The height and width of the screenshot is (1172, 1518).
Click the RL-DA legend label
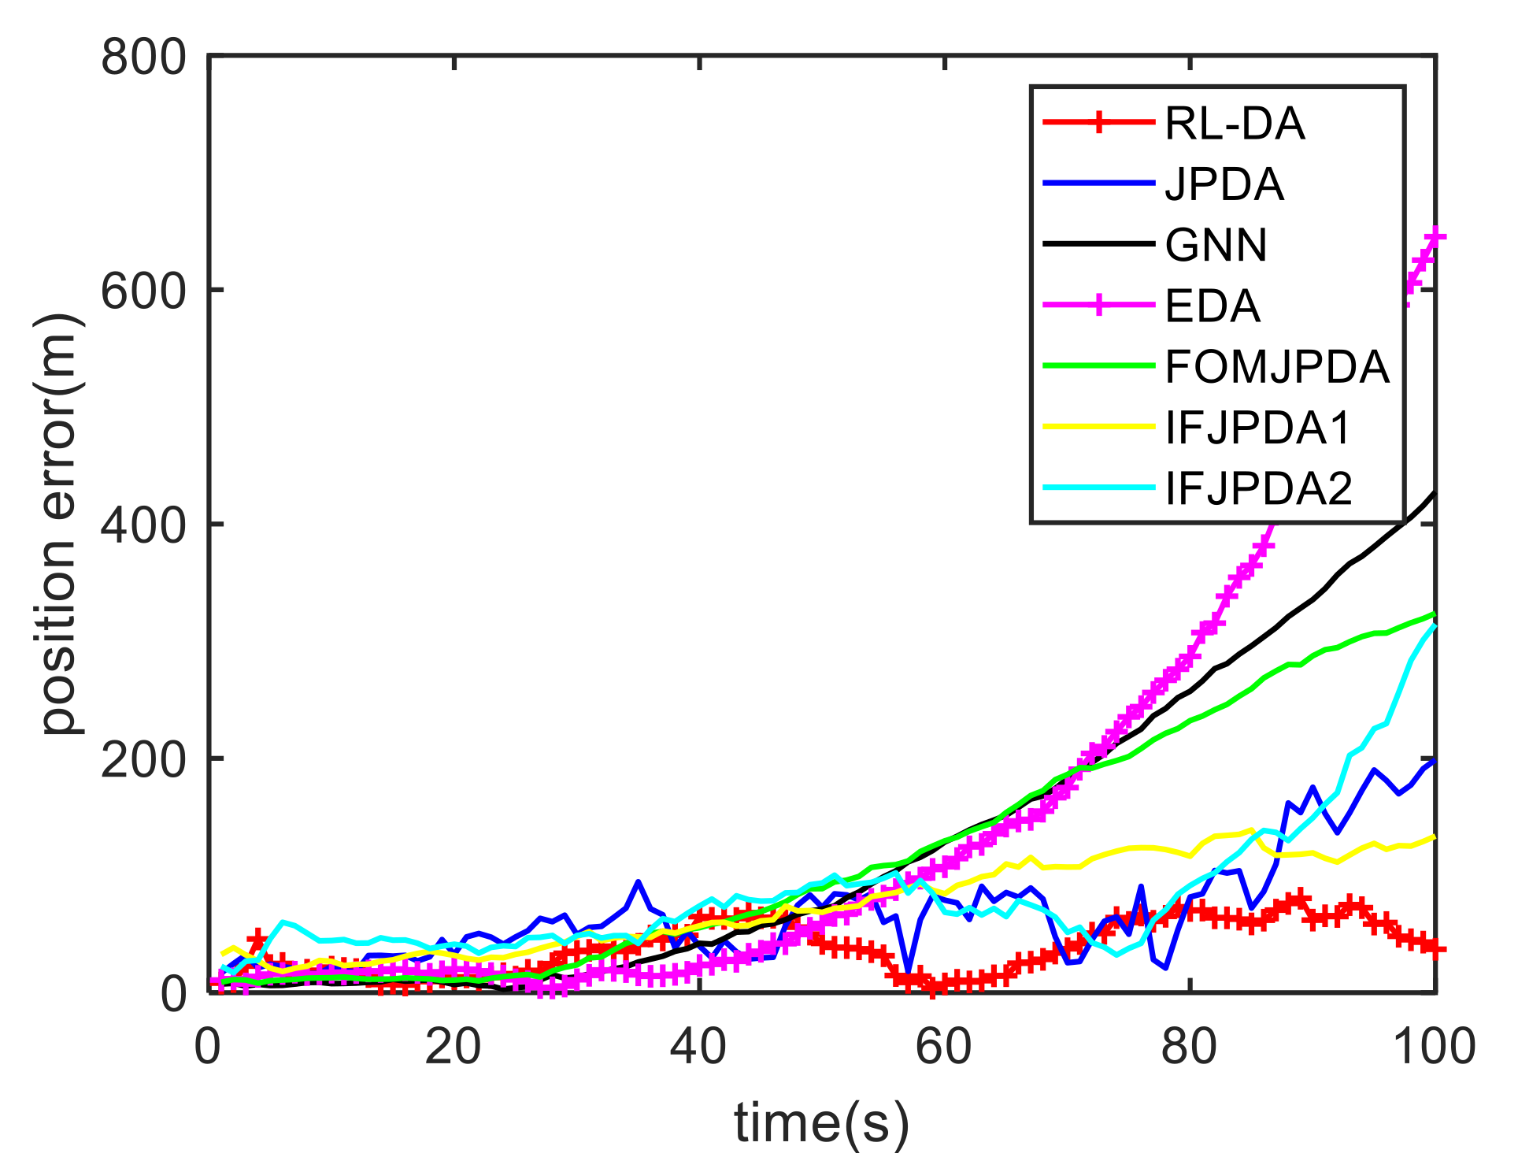coord(1234,124)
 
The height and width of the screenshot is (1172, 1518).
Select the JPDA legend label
coord(1224,184)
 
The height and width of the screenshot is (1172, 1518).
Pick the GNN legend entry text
coord(1216,245)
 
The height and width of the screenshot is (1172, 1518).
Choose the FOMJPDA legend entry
coord(1276,366)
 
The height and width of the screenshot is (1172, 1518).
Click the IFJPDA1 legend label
coord(1257,427)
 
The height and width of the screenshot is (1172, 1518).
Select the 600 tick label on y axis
coord(143,291)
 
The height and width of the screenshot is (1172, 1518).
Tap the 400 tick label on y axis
coord(143,525)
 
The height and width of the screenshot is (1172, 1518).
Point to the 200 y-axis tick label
coord(143,759)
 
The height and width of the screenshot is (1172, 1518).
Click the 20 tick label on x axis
coord(453,1048)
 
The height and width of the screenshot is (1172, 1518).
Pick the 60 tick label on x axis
coord(944,1048)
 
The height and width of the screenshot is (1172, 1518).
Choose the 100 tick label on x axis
coord(1434,1048)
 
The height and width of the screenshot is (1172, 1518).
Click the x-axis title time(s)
coord(821,1122)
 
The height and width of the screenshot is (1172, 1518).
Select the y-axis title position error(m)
coord(61,524)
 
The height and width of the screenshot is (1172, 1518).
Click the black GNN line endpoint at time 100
coord(1435,494)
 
